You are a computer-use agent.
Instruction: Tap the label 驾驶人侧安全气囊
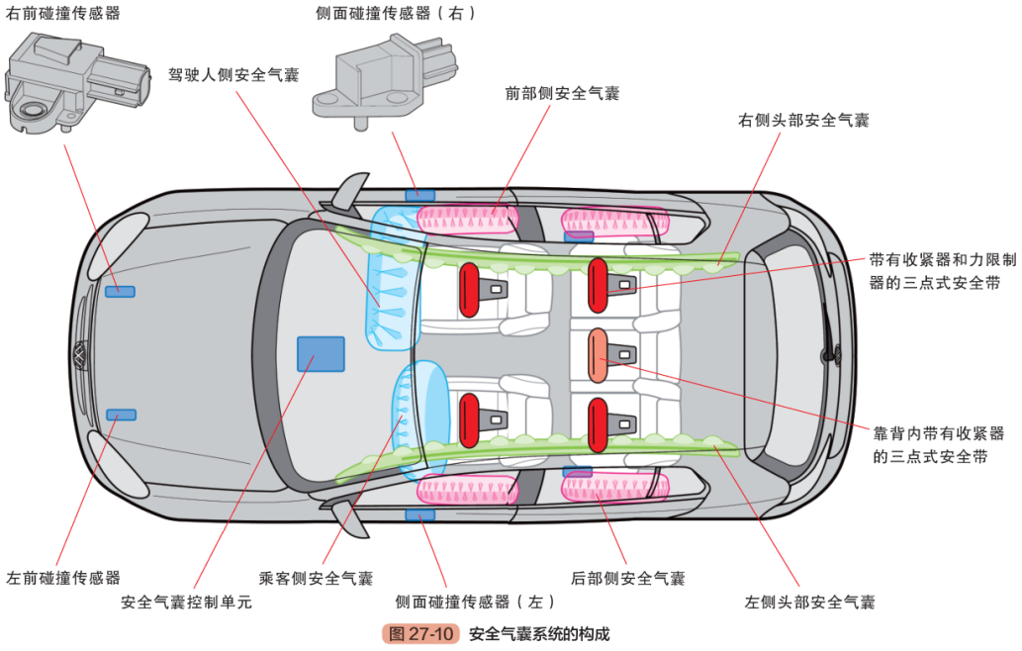click(x=233, y=74)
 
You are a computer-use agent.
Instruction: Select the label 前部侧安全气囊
click(x=562, y=93)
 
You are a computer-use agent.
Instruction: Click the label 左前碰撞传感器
click(x=63, y=577)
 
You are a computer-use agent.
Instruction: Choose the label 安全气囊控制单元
click(x=187, y=602)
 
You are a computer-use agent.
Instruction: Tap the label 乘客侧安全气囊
click(x=316, y=578)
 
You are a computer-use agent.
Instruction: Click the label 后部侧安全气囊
click(x=627, y=578)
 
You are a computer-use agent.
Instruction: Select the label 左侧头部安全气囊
click(x=809, y=602)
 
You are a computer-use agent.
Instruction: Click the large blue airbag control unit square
click(x=321, y=353)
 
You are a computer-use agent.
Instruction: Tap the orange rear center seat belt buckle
click(x=599, y=355)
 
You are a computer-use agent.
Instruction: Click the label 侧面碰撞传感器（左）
click(x=475, y=602)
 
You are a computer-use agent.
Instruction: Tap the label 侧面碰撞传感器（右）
click(x=396, y=14)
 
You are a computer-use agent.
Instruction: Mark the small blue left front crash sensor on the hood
click(x=122, y=414)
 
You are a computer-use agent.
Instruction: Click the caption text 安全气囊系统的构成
click(x=539, y=634)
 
